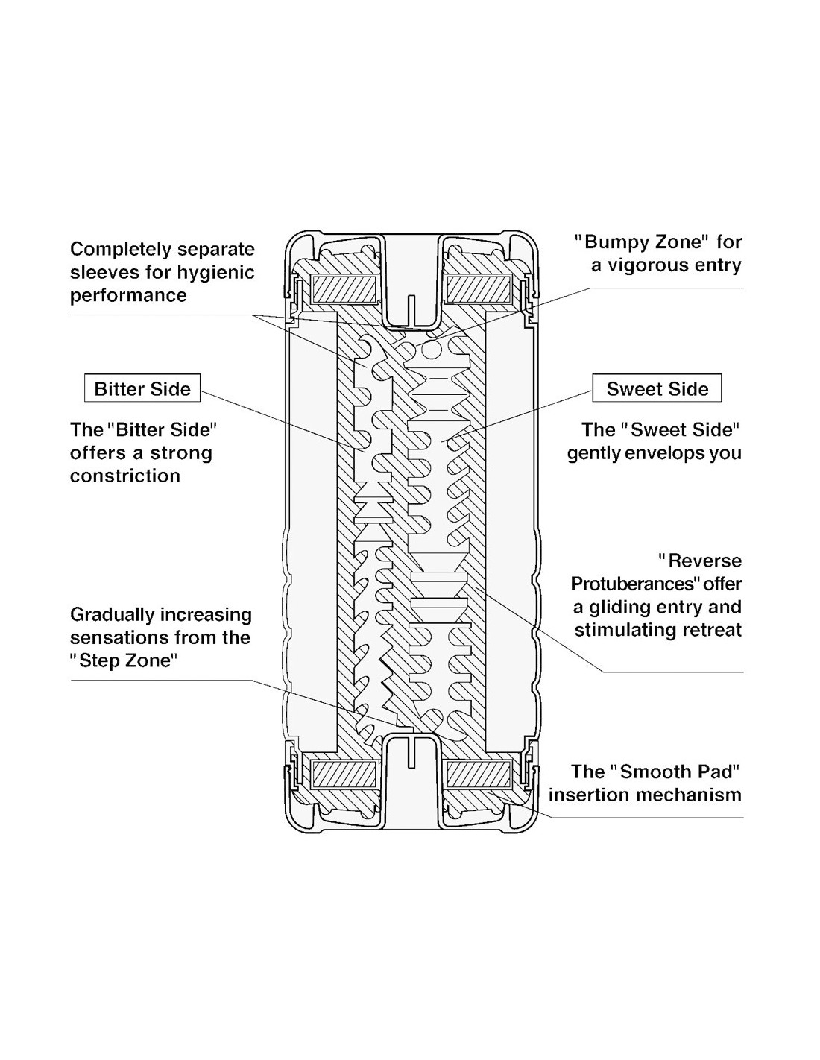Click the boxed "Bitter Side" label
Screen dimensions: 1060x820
[x=142, y=388]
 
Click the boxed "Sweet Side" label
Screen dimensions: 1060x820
[x=657, y=388]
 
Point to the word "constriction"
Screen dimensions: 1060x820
[x=125, y=476]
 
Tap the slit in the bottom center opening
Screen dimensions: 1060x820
[x=410, y=753]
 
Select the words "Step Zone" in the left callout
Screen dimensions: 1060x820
[x=125, y=660]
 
